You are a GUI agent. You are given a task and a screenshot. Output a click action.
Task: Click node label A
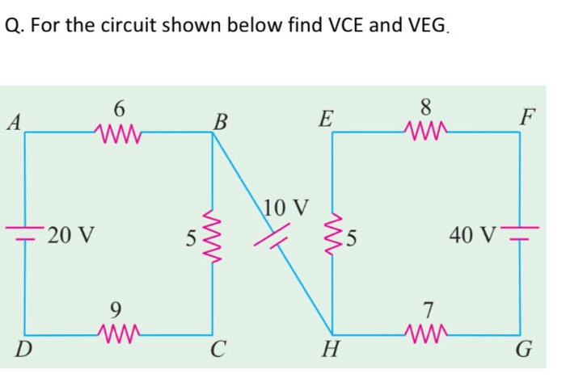pyautogui.click(x=12, y=124)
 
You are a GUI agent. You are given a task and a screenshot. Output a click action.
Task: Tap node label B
pyautogui.click(x=219, y=124)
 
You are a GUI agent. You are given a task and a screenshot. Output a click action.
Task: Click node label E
pyautogui.click(x=324, y=121)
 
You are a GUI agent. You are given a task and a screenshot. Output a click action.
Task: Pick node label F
pyautogui.click(x=527, y=120)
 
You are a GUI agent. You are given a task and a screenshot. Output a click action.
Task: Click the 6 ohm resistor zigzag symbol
pyautogui.click(x=118, y=131)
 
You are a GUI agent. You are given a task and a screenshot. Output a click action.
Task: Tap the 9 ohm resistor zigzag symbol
pyautogui.click(x=118, y=333)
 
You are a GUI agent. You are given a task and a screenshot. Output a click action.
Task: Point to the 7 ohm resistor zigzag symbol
pyautogui.click(x=426, y=333)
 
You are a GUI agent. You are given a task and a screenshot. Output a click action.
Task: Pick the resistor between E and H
pyautogui.click(x=332, y=235)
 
